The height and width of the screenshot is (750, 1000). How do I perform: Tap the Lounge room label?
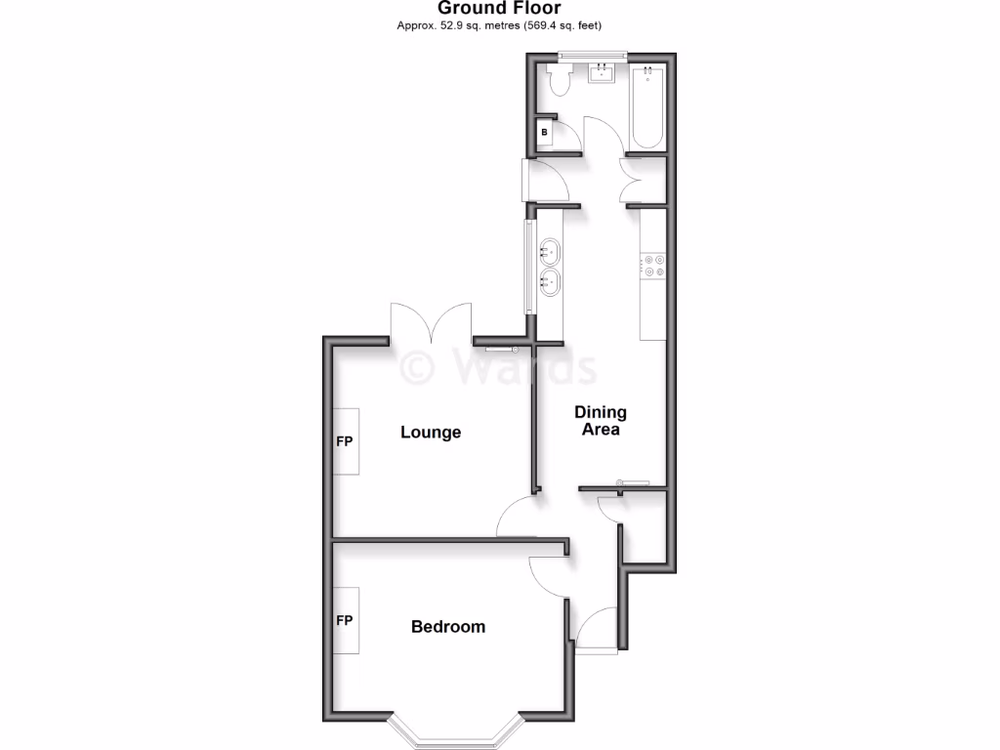pos(431,432)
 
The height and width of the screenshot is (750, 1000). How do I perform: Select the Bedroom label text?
pos(448,626)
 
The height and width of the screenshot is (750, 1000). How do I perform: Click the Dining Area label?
pos(600,420)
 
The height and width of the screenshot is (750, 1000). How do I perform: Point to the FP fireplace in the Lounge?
pos(345,440)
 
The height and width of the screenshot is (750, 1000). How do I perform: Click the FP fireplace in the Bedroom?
pos(345,620)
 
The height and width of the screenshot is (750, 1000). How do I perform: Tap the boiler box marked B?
pos(545,132)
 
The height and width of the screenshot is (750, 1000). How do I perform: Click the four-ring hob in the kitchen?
pos(652,264)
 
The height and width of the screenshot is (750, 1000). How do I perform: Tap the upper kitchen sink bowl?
pos(549,252)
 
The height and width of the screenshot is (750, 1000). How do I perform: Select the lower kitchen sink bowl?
pos(549,284)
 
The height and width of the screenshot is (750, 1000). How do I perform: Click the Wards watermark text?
pos(499,368)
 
